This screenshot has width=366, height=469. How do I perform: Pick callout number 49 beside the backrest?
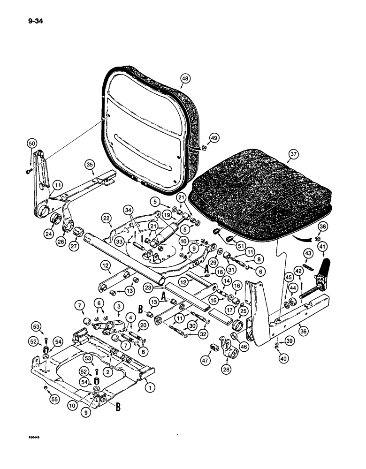214,138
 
